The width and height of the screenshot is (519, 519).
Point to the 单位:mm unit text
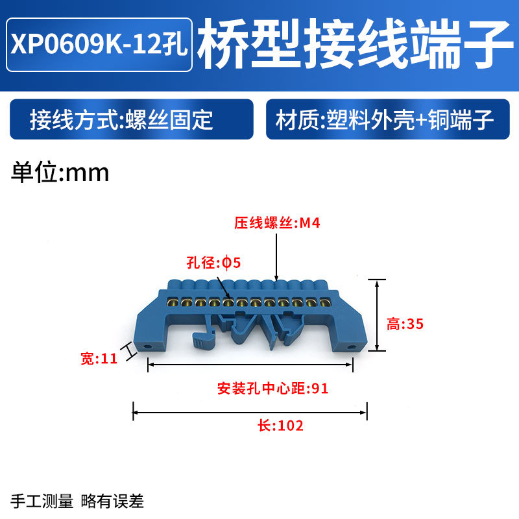60,173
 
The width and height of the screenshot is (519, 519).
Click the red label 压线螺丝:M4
278,224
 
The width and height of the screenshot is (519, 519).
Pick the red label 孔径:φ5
213,263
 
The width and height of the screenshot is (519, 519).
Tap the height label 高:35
405,324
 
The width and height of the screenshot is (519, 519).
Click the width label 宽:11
99,358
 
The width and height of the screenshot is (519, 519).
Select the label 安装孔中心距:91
273,389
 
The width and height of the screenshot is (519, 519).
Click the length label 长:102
281,426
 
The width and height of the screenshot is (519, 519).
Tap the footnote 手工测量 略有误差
78,501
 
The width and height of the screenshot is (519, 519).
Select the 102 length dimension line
250,411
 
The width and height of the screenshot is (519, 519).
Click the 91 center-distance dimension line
250,366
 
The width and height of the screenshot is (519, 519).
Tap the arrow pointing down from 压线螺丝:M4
277,256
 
